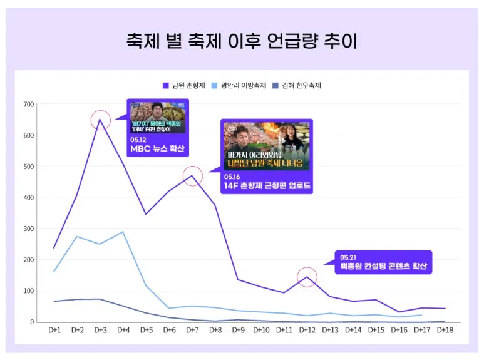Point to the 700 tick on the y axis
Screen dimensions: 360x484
click(28, 105)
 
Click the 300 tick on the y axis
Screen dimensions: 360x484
click(28, 229)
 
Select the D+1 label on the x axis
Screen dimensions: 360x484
click(54, 330)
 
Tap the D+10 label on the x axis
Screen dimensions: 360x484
click(261, 330)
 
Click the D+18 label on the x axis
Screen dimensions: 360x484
click(445, 330)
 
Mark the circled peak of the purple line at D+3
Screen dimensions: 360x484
click(100, 119)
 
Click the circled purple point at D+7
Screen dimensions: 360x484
click(192, 176)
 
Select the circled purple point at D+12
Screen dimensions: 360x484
click(307, 277)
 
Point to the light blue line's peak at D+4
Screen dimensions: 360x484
click(123, 232)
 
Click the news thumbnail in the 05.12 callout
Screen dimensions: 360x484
click(157, 117)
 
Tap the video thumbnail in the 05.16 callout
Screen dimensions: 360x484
click(267, 146)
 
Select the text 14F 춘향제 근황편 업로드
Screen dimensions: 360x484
click(267, 185)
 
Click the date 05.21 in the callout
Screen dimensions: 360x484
click(348, 257)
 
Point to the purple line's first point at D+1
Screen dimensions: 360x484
click(54, 248)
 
